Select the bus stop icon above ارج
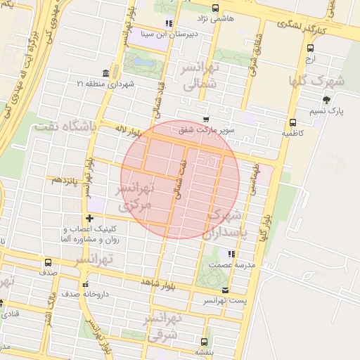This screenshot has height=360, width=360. coord(310,48)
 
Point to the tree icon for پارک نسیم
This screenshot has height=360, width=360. coord(326,99)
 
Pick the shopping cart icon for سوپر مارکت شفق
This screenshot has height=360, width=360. coord(205,120)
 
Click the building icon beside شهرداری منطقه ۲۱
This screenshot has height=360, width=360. coord(105,73)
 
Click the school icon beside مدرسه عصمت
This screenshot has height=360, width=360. coord(230,253)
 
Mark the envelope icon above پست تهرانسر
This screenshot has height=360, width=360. coord(225,290)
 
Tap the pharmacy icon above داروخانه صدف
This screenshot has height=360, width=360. coord(85,284)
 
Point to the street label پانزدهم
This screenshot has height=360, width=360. coord(67,180)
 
